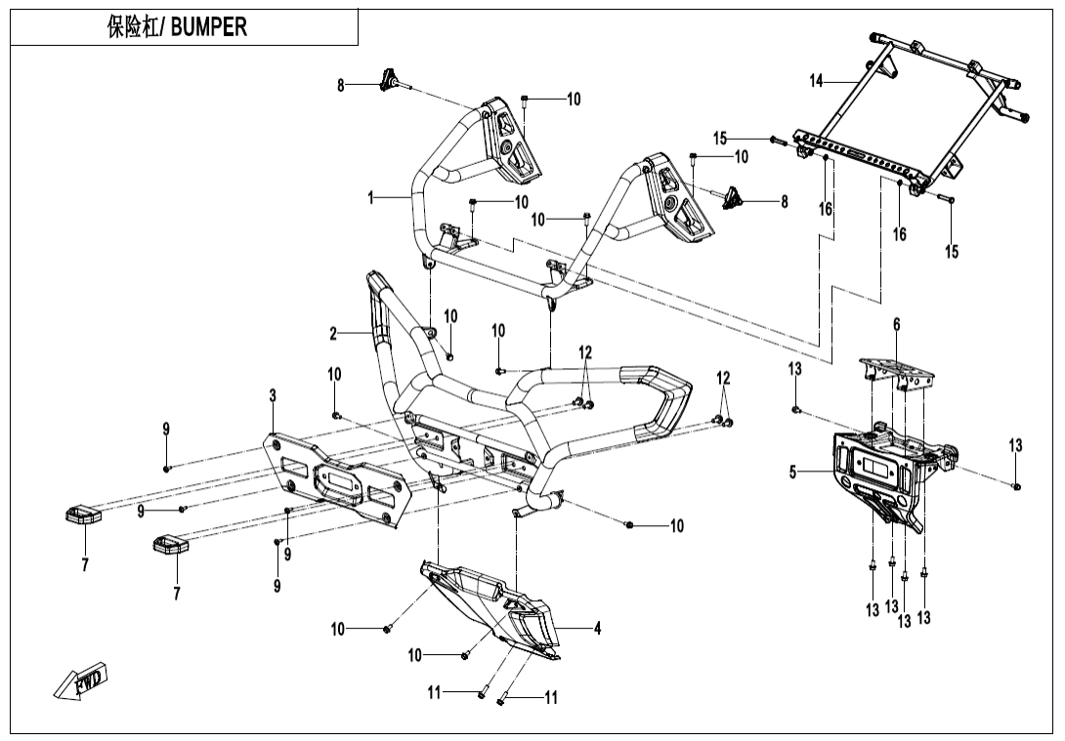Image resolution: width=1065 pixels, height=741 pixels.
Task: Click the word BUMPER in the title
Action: pyautogui.click(x=210, y=27)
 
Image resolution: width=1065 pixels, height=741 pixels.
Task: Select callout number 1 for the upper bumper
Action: pyautogui.click(x=371, y=197)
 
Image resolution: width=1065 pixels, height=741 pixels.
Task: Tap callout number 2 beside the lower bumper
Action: pyautogui.click(x=333, y=334)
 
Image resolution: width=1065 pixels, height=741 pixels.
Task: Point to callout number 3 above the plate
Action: pyautogui.click(x=273, y=395)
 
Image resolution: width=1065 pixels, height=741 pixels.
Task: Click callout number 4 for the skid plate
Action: pyautogui.click(x=597, y=629)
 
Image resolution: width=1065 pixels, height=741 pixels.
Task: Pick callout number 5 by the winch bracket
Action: pyautogui.click(x=793, y=473)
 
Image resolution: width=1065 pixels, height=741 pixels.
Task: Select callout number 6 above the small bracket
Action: pyautogui.click(x=896, y=324)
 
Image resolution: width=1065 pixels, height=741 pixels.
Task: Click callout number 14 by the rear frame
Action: pyautogui.click(x=817, y=80)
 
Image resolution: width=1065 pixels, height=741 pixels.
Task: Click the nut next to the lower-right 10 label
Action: pyautogui.click(x=629, y=525)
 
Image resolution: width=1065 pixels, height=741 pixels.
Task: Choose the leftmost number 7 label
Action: pyautogui.click(x=85, y=564)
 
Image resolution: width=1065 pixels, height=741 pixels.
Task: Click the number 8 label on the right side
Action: pyautogui.click(x=784, y=202)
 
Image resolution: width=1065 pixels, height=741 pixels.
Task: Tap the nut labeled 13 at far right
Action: pyautogui.click(x=1017, y=485)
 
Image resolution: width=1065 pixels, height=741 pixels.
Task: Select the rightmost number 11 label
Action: pyautogui.click(x=551, y=697)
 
